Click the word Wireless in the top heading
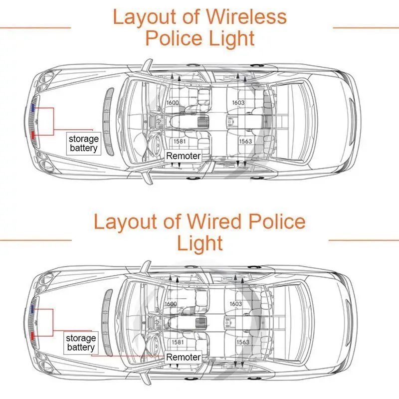pyautogui.click(x=246, y=17)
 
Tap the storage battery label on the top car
pyautogui.click(x=83, y=144)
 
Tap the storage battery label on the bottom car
pyautogui.click(x=81, y=343)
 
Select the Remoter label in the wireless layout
pyautogui.click(x=183, y=156)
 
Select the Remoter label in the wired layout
pyautogui.click(x=183, y=357)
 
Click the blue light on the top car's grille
pyautogui.click(x=32, y=108)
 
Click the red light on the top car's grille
pyautogui.click(x=32, y=135)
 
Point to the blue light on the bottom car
pyautogui.click(x=32, y=309)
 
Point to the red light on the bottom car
pyautogui.click(x=32, y=336)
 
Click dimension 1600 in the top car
pyautogui.click(x=173, y=103)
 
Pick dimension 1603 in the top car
pyautogui.click(x=238, y=103)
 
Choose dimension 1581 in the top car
pyautogui.click(x=180, y=141)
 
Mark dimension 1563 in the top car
pyautogui.click(x=245, y=141)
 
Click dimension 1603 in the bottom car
pyautogui.click(x=236, y=304)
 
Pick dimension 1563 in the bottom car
pyautogui.click(x=243, y=342)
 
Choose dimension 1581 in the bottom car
pyautogui.click(x=178, y=342)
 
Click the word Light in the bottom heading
pyautogui.click(x=200, y=243)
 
